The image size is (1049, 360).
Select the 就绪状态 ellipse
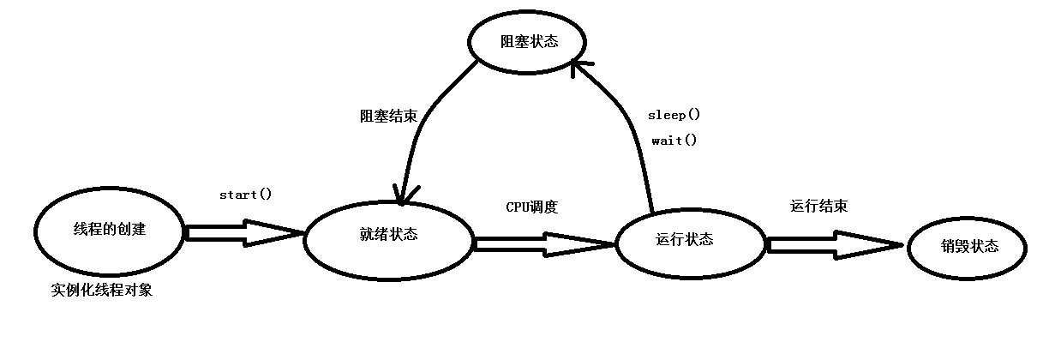pos(388,236)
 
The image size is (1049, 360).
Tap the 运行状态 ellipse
pos(692,240)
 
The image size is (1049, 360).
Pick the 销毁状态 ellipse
pos(968,247)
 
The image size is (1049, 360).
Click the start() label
pos(245,195)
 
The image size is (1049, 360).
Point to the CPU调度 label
pos(531,207)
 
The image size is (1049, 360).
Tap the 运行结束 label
pos(819,207)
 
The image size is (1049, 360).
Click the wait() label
pos(674,141)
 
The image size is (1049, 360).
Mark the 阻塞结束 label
pos(388,117)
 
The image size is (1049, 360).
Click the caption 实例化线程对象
pos(101,291)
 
